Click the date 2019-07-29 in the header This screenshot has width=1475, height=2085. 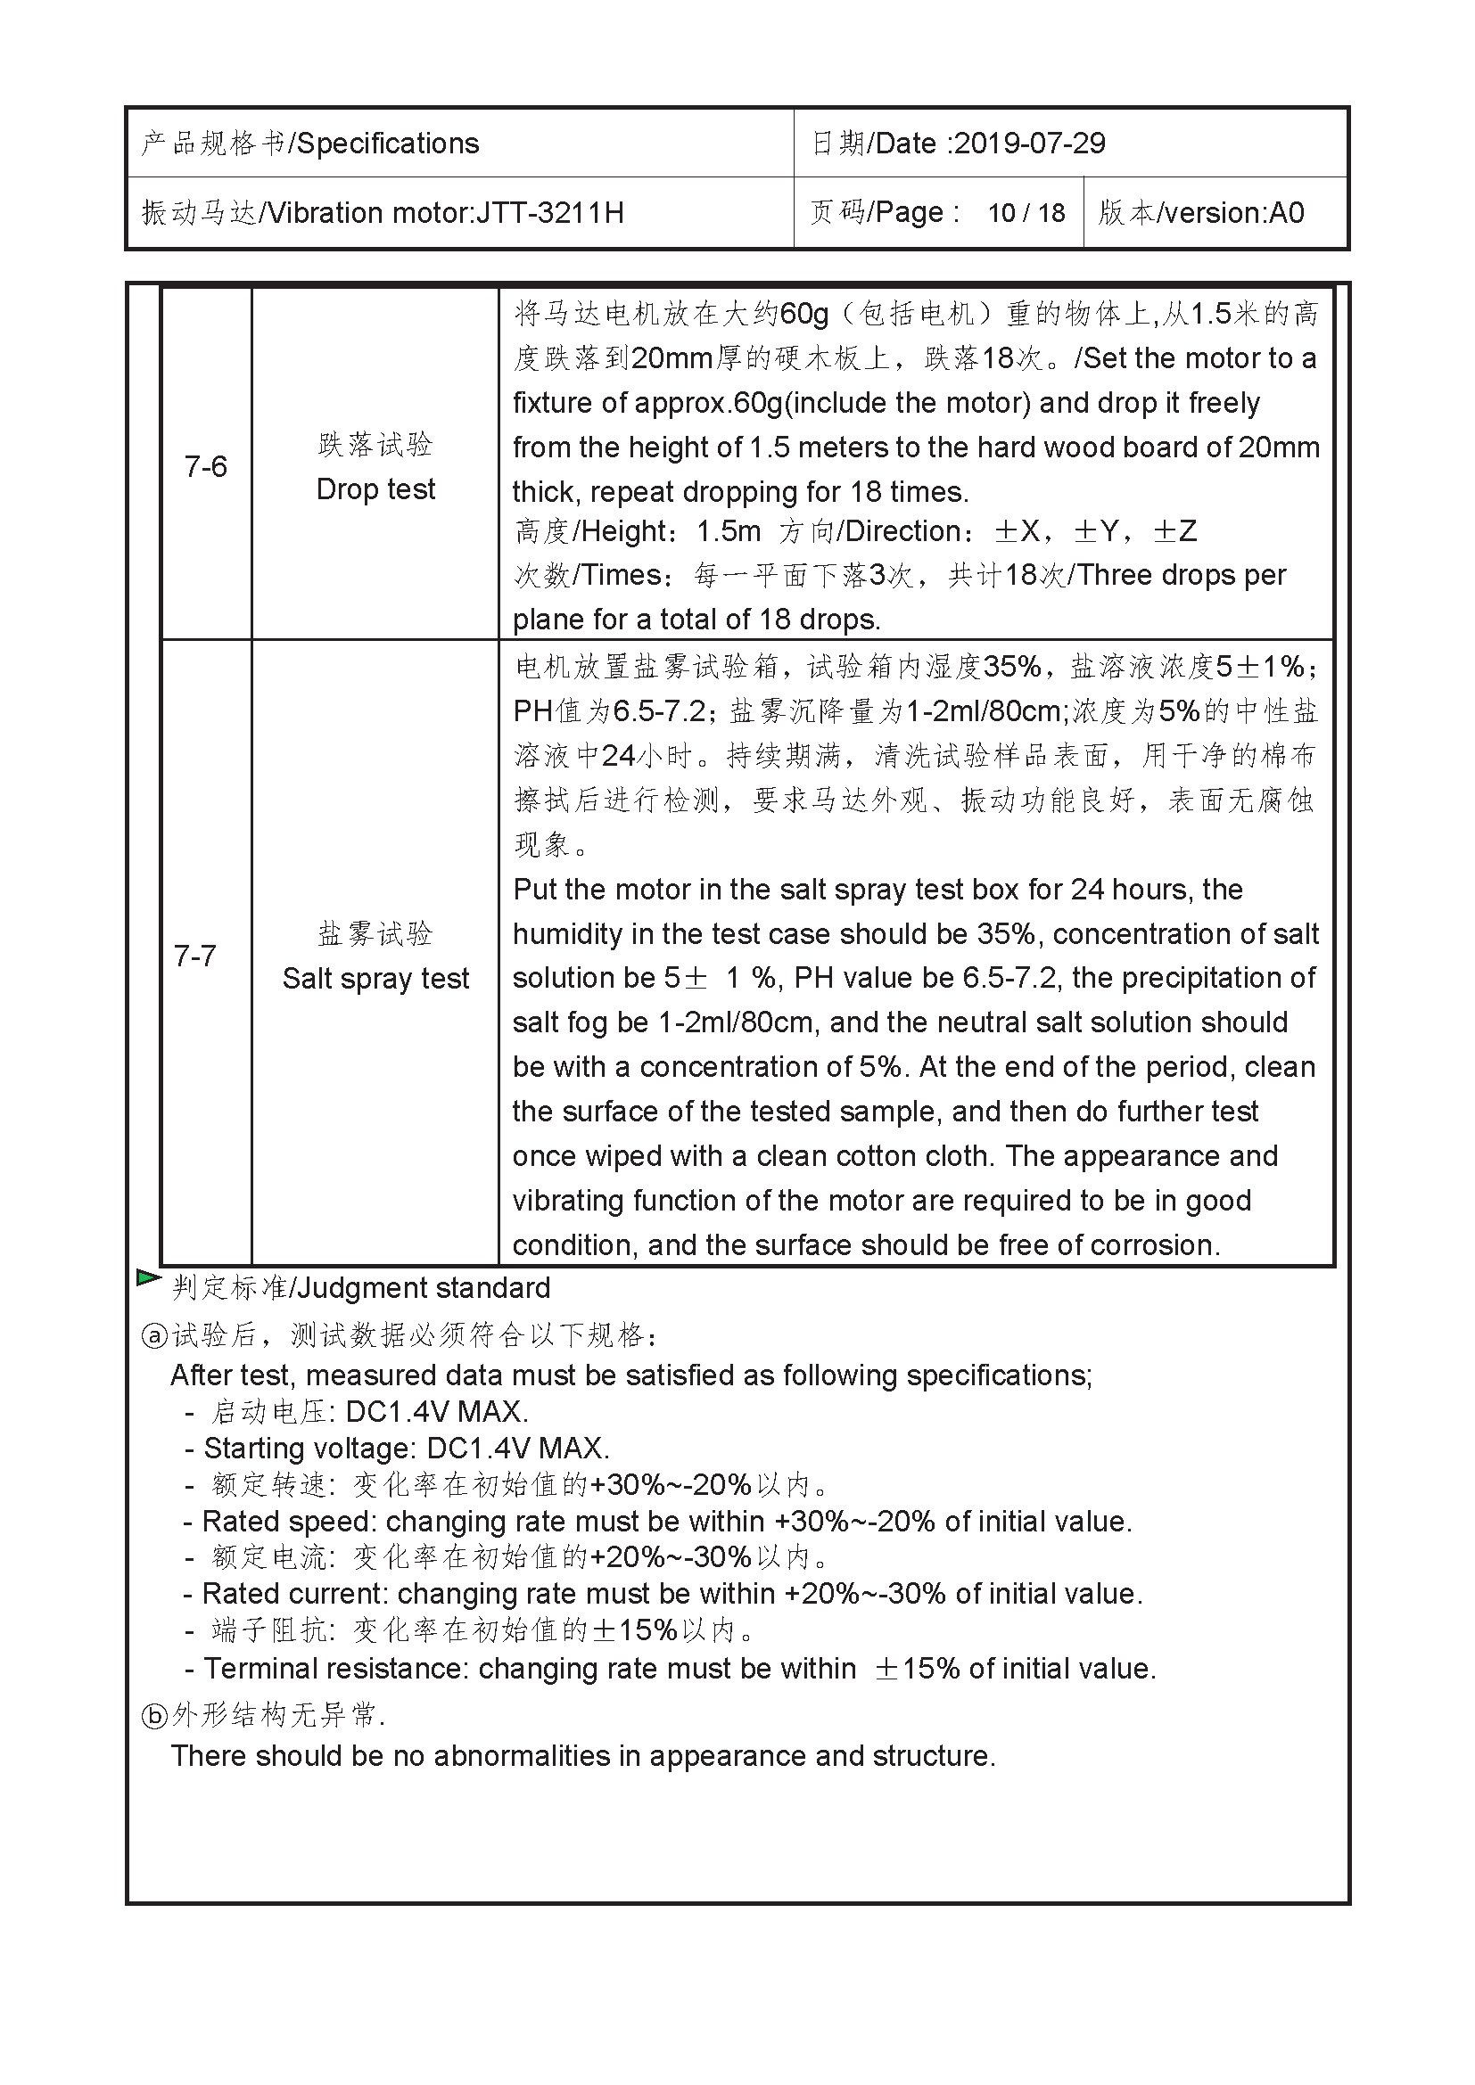(x=1030, y=144)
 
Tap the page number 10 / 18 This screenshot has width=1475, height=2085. (x=1026, y=212)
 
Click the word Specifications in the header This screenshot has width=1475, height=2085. (x=388, y=144)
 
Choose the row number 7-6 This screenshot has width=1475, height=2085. (x=205, y=467)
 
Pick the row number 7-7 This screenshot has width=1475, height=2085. (x=195, y=956)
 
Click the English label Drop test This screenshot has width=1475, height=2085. (x=375, y=489)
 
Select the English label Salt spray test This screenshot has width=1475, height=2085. (x=375, y=979)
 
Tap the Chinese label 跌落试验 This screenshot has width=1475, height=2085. (x=375, y=444)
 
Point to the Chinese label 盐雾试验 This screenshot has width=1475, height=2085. (x=375, y=933)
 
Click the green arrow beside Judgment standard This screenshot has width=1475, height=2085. (x=148, y=1278)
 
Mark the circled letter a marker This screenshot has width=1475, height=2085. (x=155, y=1336)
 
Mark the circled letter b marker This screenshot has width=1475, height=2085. (x=155, y=1715)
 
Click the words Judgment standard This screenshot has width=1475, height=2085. (x=424, y=1289)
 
